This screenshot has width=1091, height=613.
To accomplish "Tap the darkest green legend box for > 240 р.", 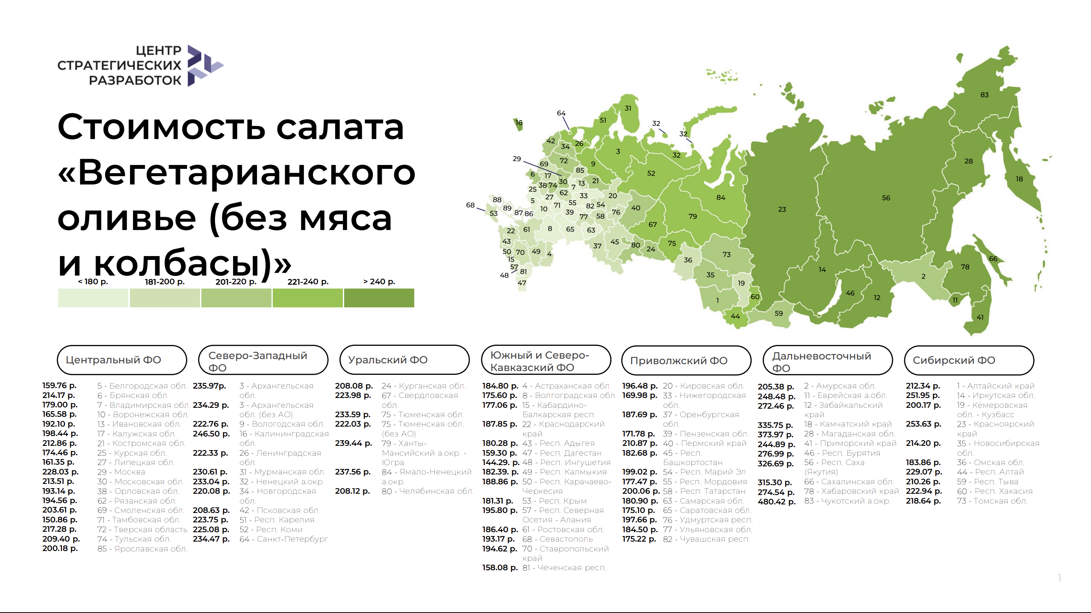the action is click(379, 298).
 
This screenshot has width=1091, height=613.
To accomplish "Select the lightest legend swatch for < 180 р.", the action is click(93, 298).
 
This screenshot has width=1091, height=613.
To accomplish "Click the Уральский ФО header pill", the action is click(404, 360).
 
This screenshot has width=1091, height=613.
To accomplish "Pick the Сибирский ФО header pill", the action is click(969, 360).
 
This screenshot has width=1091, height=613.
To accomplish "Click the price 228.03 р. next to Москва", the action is click(60, 472).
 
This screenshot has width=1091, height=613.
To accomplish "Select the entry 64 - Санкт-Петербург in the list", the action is click(284, 539).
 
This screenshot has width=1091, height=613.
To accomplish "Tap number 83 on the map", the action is click(984, 95).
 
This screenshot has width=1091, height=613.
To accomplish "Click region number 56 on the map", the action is click(886, 198).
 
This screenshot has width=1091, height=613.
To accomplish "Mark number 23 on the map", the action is click(782, 209).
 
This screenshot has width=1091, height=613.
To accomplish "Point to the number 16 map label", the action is click(519, 123).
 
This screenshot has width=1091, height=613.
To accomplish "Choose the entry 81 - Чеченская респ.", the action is click(564, 568).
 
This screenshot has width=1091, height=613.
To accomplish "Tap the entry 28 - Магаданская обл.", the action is click(849, 434).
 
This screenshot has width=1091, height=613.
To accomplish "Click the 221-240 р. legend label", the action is click(308, 282).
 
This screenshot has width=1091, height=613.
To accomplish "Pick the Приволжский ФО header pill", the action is click(686, 361).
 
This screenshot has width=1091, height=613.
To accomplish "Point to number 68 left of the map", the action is click(470, 205).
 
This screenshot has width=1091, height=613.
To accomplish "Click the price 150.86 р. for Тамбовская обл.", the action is click(60, 520).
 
